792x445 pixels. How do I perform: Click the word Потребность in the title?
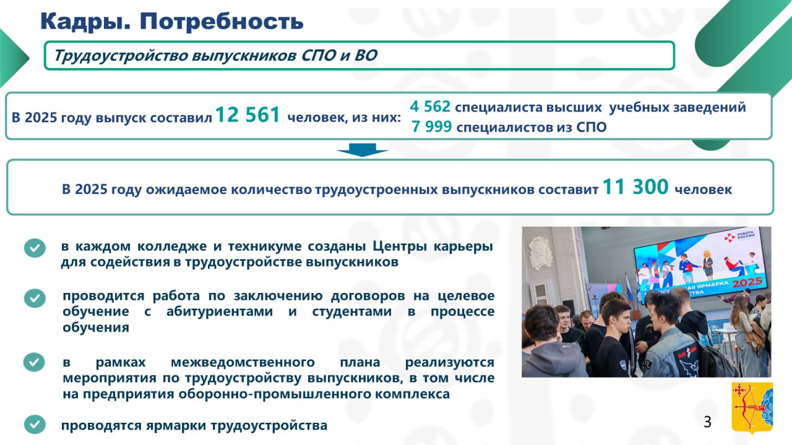pos(222,21)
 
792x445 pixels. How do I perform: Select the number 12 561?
pos(247,115)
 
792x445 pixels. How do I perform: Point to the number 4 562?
pos(430,106)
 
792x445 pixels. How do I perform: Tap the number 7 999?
pos(431,127)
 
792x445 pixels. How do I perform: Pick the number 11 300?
pos(635,187)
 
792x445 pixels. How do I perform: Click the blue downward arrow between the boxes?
pos(363,150)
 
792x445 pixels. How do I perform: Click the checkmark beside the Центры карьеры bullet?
pos(35,248)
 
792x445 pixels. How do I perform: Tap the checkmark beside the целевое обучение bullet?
pos(35,299)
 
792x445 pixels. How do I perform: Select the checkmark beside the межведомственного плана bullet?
pos(34,362)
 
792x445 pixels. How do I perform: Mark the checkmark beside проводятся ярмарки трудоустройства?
pos(35,424)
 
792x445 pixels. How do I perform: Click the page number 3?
pos(707,422)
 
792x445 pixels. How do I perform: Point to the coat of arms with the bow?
pos(752,408)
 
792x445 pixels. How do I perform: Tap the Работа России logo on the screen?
pos(739,237)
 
